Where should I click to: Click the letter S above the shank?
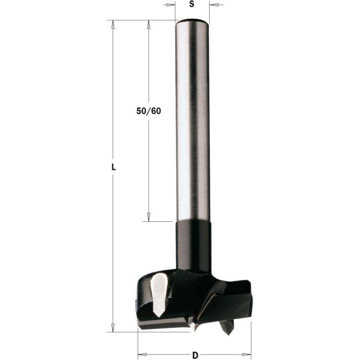[192, 4]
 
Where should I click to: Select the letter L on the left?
[113, 167]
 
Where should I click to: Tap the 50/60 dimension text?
[148, 111]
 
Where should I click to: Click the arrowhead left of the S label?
[170, 5]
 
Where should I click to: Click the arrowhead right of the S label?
[214, 5]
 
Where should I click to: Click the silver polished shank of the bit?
[192, 122]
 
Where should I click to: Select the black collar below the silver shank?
[193, 245]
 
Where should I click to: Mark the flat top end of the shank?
[192, 20]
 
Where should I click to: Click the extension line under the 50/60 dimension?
[159, 221]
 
